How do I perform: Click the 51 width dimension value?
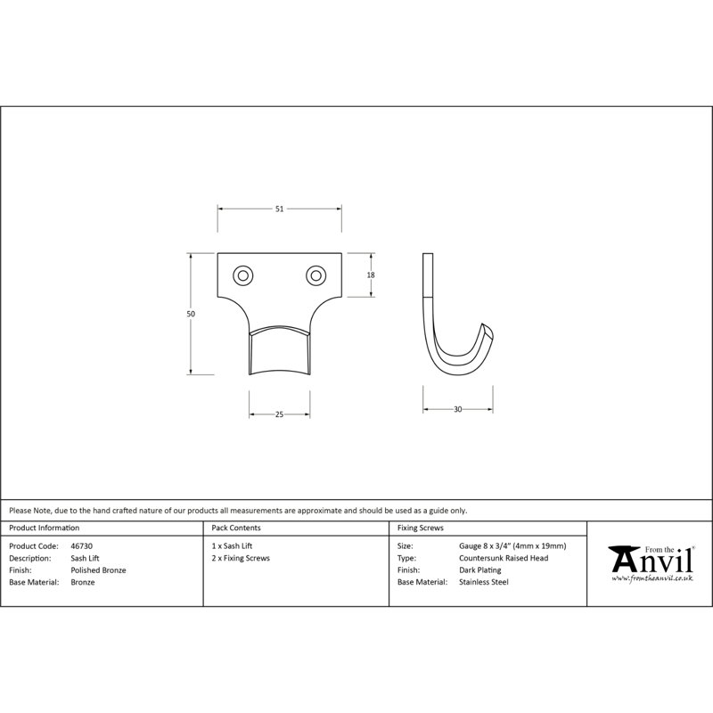point(279,209)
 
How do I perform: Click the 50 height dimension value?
point(191,314)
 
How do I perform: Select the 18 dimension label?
point(371,275)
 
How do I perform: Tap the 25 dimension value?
point(279,414)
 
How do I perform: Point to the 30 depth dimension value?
point(457,409)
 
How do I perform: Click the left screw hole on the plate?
point(242,275)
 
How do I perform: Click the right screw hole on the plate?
point(316,275)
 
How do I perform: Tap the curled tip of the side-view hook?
point(488,329)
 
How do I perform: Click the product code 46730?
point(81,546)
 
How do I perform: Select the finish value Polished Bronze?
point(98,570)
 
